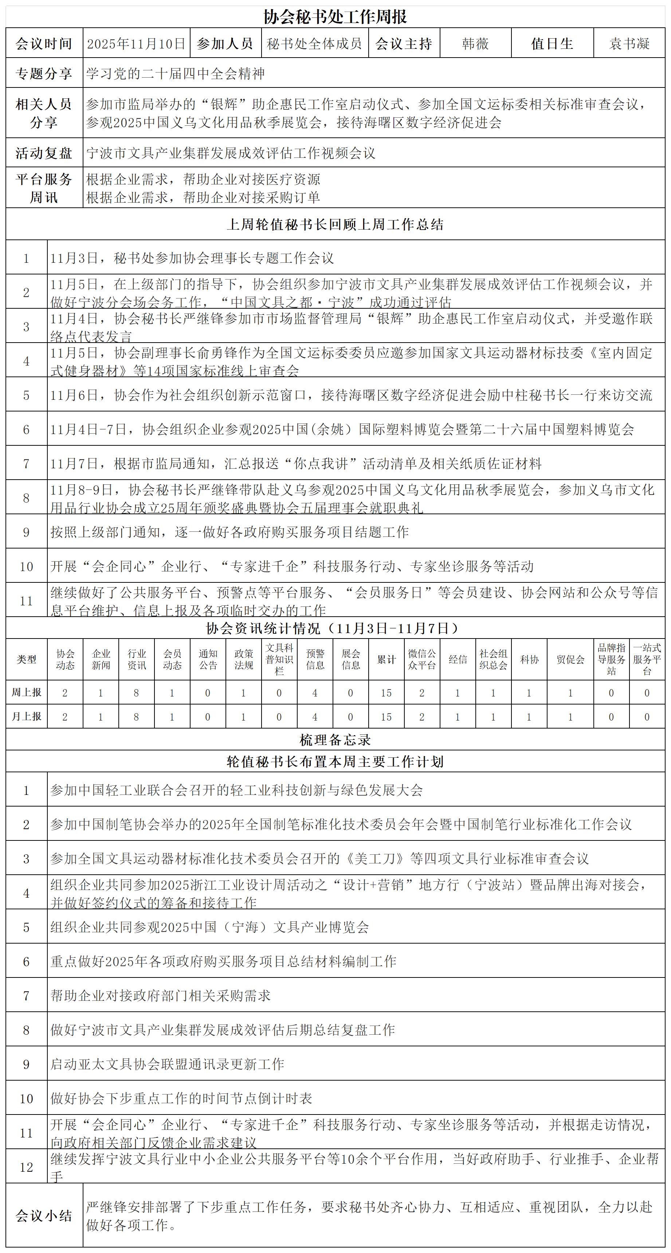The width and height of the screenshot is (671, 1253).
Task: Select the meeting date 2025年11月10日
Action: (137, 44)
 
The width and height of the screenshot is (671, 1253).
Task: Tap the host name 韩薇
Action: (475, 44)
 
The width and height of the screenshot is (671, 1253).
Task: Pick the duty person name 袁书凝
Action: (629, 44)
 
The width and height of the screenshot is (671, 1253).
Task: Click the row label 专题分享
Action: (44, 74)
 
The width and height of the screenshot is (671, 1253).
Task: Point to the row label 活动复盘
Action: (44, 153)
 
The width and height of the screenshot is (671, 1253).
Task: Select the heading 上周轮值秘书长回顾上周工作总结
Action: (335, 224)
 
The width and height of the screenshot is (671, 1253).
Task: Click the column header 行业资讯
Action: (137, 660)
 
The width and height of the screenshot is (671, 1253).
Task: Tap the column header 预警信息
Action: (315, 660)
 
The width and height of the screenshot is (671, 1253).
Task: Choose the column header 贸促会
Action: (570, 660)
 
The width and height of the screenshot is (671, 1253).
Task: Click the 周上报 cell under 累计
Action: (386, 693)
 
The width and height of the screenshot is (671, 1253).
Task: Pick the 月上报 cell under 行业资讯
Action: (137, 717)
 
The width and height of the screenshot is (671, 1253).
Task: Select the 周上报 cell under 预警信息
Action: (315, 693)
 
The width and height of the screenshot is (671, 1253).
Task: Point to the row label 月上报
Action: (26, 717)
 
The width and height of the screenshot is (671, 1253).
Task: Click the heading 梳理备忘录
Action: (335, 740)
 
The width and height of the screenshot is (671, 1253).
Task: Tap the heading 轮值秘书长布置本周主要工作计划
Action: (335, 762)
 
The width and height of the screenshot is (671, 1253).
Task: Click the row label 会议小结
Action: (44, 1216)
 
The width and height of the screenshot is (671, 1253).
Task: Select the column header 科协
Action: (529, 660)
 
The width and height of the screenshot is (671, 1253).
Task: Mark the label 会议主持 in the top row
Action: (404, 44)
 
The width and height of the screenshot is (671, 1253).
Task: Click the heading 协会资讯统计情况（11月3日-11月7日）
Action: (335, 628)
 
